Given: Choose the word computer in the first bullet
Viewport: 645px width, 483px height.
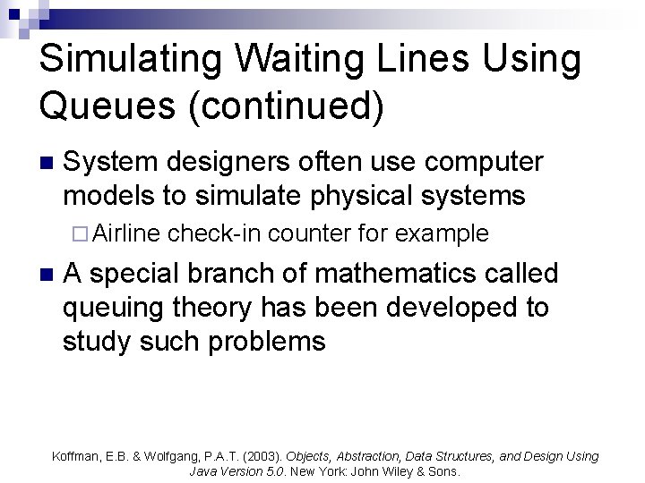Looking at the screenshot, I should [x=484, y=162].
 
